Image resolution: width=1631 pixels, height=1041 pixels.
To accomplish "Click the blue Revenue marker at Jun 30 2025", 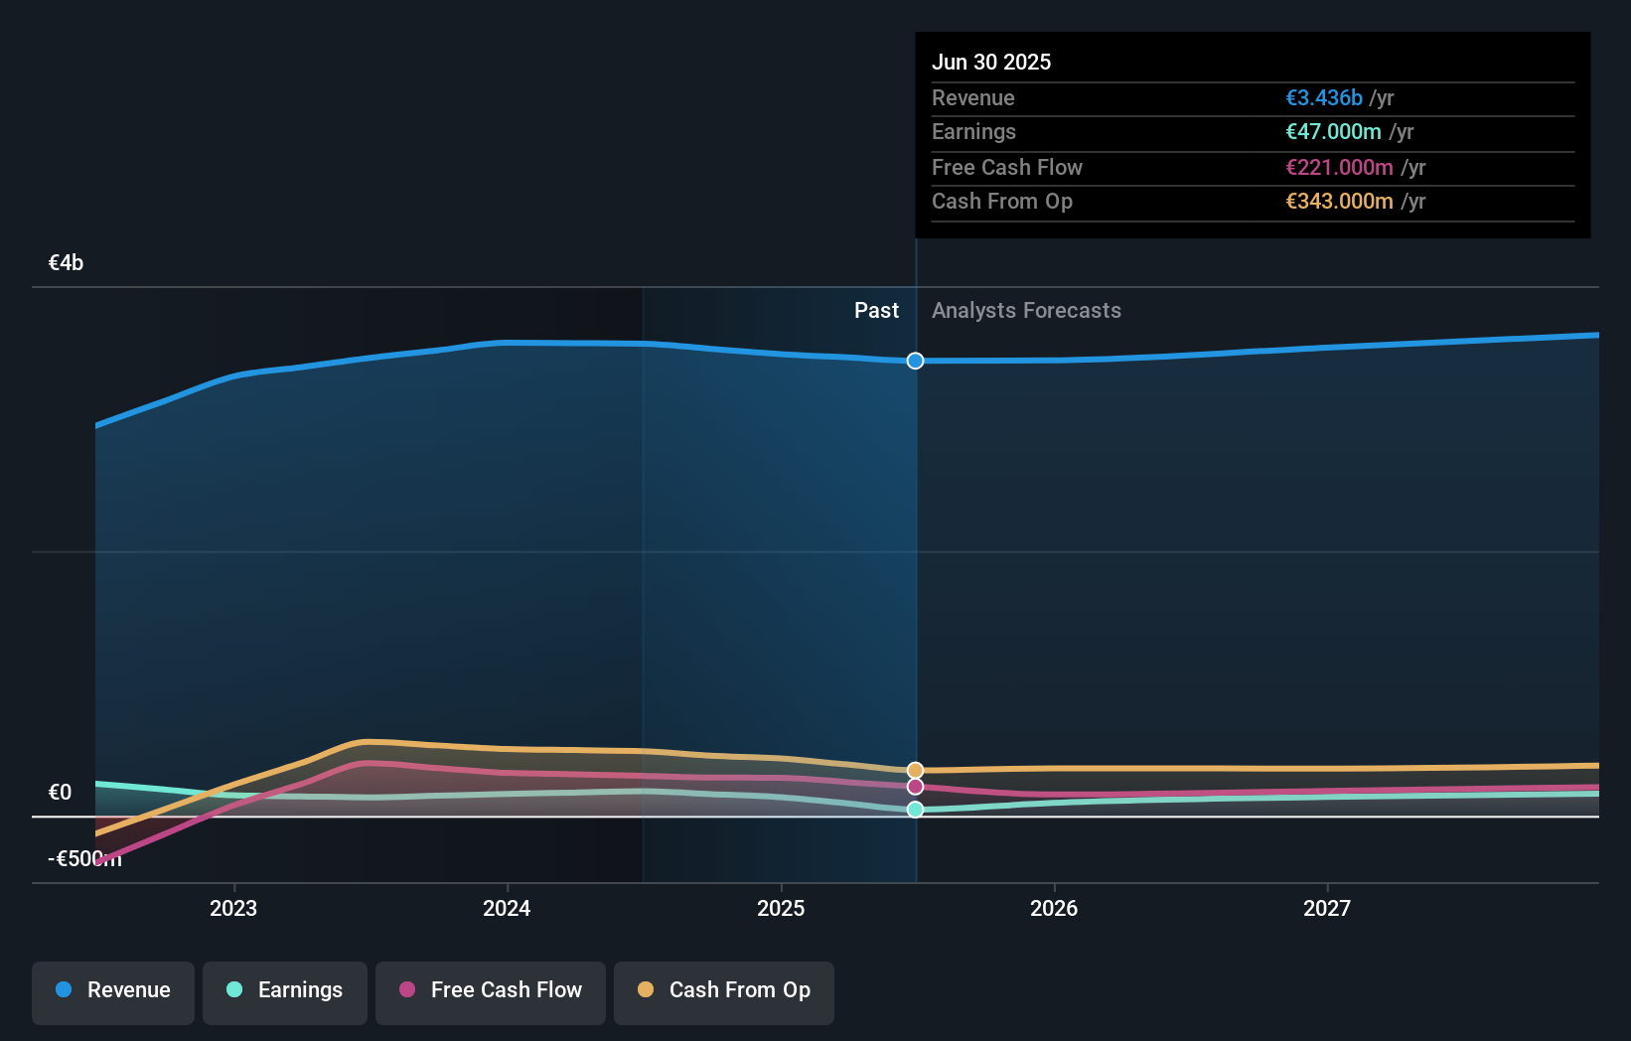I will click(915, 361).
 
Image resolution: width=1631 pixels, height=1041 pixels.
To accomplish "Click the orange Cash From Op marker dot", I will click(915, 771).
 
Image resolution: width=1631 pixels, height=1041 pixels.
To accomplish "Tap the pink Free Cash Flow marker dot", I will click(915, 787).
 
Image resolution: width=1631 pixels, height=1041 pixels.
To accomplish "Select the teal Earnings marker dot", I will click(915, 810).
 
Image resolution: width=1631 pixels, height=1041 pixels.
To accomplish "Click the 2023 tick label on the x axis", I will click(233, 908).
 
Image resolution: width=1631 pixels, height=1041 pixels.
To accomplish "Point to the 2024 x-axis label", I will click(507, 908).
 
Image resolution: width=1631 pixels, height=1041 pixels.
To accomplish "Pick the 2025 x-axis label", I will click(781, 908).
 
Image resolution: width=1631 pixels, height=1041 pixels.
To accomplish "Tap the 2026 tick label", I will click(1054, 908).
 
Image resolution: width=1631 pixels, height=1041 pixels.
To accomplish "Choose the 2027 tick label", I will click(1327, 908).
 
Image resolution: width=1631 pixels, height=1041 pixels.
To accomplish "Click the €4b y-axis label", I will click(66, 263).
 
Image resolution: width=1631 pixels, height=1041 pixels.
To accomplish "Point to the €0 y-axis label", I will click(60, 793).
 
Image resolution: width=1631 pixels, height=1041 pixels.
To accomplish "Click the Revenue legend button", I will click(113, 990).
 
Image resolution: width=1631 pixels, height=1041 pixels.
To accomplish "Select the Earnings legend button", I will click(285, 990).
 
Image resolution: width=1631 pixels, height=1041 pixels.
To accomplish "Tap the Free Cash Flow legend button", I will click(491, 990).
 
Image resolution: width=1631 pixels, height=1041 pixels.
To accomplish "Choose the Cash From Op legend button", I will click(724, 990).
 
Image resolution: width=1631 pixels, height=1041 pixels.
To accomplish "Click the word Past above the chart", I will click(876, 311).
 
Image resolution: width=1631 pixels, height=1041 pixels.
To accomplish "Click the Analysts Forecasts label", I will click(1026, 311).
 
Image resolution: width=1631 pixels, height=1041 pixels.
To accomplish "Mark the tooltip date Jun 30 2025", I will click(991, 62).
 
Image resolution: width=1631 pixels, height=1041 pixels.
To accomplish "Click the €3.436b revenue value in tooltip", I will click(1323, 98).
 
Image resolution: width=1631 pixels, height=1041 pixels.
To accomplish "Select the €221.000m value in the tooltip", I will click(1339, 168).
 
